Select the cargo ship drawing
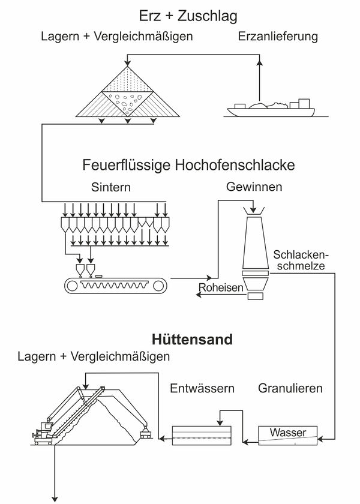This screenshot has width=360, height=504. [x=269, y=107]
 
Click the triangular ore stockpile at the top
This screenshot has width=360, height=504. [x=127, y=90]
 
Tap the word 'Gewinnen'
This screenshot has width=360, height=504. [x=254, y=187]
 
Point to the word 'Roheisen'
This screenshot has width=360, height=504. [x=221, y=289]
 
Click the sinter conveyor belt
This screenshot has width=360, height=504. [x=115, y=285]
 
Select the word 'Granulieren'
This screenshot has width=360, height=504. [x=290, y=388]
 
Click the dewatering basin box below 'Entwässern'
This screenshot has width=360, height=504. [x=201, y=435]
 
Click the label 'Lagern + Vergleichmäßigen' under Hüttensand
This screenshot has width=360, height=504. [x=94, y=356]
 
